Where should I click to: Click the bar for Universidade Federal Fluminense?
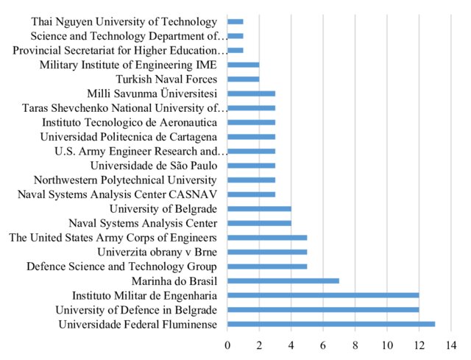click(331, 324)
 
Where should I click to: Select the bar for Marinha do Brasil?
click(283, 280)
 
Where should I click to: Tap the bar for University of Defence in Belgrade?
click(323, 309)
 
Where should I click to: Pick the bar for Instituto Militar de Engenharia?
click(323, 295)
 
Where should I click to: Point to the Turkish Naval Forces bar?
click(244, 80)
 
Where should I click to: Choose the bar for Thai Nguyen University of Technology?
click(235, 22)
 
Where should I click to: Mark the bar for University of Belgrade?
click(259, 209)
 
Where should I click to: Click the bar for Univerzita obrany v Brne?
click(267, 252)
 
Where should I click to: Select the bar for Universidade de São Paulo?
click(251, 166)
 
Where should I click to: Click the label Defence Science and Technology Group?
click(121, 266)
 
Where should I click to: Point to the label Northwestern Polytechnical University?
click(125, 180)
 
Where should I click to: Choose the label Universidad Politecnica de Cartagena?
click(129, 137)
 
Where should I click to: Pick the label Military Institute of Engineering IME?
click(128, 65)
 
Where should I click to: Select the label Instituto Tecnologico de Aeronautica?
click(130, 122)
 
